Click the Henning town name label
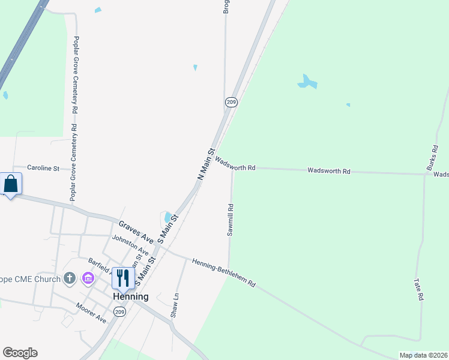[x=131, y=296]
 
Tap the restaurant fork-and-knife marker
[x=123, y=277]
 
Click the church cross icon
[x=70, y=278]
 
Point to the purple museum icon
[x=88, y=278]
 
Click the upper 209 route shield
[x=231, y=102]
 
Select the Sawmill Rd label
[x=231, y=220]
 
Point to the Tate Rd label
[x=420, y=289]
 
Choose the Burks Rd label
[x=433, y=158]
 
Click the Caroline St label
[x=44, y=169]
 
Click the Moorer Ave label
[x=91, y=313]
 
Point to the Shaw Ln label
[x=176, y=305]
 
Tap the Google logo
[x=20, y=353]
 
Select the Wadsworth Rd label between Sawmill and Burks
[x=328, y=171]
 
